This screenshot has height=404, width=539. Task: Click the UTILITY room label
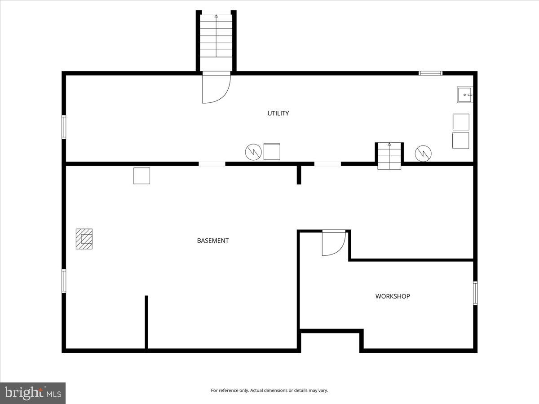pyautogui.click(x=278, y=114)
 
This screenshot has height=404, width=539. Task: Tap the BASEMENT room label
pyautogui.click(x=213, y=241)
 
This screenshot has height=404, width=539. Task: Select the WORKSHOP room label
pyautogui.click(x=393, y=296)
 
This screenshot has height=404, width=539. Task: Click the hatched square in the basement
pyautogui.click(x=84, y=239)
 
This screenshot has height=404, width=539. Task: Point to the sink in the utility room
pyautogui.click(x=465, y=95)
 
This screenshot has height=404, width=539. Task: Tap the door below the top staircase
pyautogui.click(x=216, y=88)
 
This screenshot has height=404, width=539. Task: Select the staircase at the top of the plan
pyautogui.click(x=216, y=36)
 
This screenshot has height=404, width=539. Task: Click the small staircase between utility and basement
pyautogui.click(x=389, y=155)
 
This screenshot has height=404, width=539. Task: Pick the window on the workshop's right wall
pyautogui.click(x=475, y=293)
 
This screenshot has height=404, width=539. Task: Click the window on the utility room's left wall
pyautogui.click(x=64, y=127)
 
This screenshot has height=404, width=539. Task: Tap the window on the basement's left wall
pyautogui.click(x=64, y=281)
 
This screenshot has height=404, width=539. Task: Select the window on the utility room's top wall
pyautogui.click(x=430, y=73)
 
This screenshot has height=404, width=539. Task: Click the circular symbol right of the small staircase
pyautogui.click(x=423, y=153)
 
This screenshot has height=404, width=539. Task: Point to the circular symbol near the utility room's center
pyautogui.click(x=253, y=152)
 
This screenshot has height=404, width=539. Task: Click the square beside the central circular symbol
pyautogui.click(x=272, y=152)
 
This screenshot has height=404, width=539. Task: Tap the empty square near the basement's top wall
pyautogui.click(x=141, y=176)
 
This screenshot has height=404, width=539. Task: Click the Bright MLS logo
pyautogui.click(x=33, y=393)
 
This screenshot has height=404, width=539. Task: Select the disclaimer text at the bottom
pyautogui.click(x=269, y=391)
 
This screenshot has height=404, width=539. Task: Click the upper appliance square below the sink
pyautogui.click(x=461, y=122)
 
